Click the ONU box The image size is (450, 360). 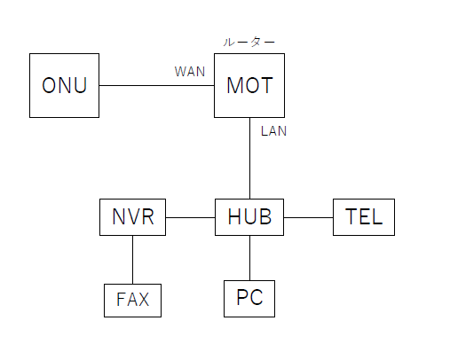[64, 85]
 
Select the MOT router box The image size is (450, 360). [249, 85]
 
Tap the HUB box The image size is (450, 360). [249, 217]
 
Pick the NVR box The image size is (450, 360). [132, 217]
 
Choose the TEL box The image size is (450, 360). [364, 217]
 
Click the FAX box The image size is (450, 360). [132, 301]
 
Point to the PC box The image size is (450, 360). [249, 299]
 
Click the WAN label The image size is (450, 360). [190, 72]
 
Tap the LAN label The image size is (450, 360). [273, 131]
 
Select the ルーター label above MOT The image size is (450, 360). [249, 43]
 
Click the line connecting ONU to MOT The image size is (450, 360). [157, 85]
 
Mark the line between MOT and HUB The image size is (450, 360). [249, 158]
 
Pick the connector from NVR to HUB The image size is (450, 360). [190, 217]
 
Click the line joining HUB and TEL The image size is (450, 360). [308, 217]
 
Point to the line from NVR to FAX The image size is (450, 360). [132, 260]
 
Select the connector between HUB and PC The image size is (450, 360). [249, 258]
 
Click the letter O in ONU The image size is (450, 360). [49, 85]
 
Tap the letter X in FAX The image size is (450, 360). [143, 300]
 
